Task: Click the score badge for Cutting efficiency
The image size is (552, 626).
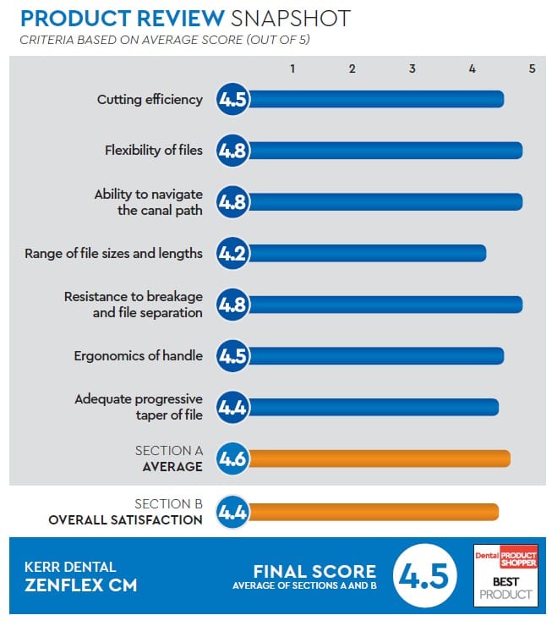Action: (232, 99)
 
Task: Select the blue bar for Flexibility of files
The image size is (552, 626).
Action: (385, 151)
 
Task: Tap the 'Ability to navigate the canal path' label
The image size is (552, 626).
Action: (148, 202)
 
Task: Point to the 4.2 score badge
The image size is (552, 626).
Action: (232, 253)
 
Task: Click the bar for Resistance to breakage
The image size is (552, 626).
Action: (385, 305)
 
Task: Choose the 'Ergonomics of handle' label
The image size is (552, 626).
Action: (139, 355)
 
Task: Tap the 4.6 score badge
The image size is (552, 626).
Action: (232, 459)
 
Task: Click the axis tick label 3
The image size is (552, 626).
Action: (413, 69)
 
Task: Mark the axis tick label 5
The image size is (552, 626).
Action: (532, 69)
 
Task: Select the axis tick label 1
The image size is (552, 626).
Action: (292, 69)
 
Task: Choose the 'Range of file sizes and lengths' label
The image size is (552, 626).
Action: (114, 253)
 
